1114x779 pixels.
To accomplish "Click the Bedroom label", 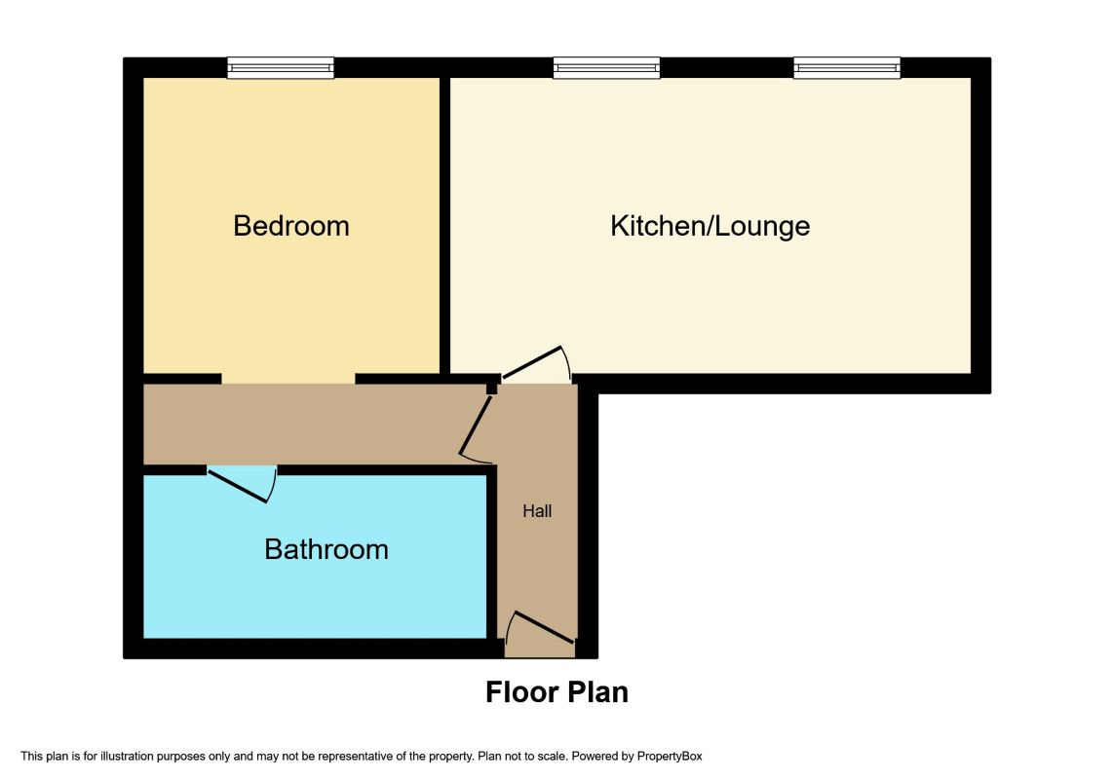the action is pos(291,226).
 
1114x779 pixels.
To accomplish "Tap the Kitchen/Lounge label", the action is pos(711,226).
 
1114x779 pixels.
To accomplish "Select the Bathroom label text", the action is pos(327,549).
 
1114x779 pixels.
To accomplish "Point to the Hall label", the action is pos(537,510).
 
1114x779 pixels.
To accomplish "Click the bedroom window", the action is pos(281,67).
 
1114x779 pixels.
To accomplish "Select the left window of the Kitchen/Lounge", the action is pos(607,67).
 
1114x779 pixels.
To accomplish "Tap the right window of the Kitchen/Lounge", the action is pos(847,67).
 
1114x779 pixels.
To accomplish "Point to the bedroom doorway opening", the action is pos(288,379).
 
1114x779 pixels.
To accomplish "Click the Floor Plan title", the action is pos(557,692).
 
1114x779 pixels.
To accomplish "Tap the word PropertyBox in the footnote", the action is pos(670,757).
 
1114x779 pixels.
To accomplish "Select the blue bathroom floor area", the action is pos(315,556).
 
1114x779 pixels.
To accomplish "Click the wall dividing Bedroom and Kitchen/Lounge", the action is pos(444,225).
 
